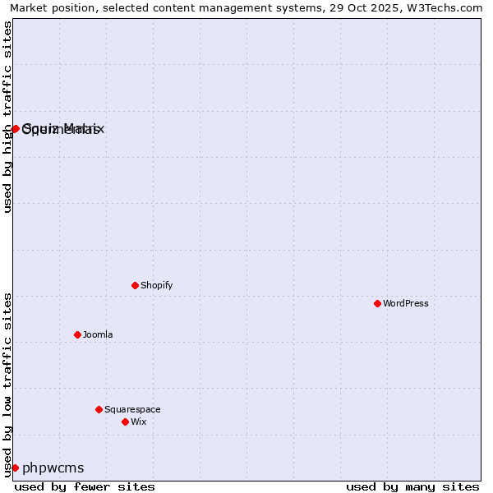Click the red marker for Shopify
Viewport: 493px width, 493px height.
pos(136,285)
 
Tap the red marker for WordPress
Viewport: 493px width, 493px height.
pos(378,303)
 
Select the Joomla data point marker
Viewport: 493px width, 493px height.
pos(78,334)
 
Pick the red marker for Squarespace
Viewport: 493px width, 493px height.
pos(99,409)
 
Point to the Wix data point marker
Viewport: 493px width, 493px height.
pos(126,422)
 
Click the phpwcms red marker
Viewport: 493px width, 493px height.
pos(15,468)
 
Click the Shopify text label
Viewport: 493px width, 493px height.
pos(156,285)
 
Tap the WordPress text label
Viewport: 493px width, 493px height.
pos(406,303)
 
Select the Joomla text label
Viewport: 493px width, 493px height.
pos(98,334)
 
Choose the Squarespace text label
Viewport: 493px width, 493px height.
pos(132,409)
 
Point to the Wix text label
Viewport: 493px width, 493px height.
pos(139,422)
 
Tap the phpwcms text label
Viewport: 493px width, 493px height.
pos(53,468)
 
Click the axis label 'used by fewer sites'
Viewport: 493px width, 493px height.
pos(85,486)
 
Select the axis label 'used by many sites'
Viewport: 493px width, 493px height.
pos(412,486)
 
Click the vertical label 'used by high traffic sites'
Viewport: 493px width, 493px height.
pos(8,117)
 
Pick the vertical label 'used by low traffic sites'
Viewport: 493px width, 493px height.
pos(8,384)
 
